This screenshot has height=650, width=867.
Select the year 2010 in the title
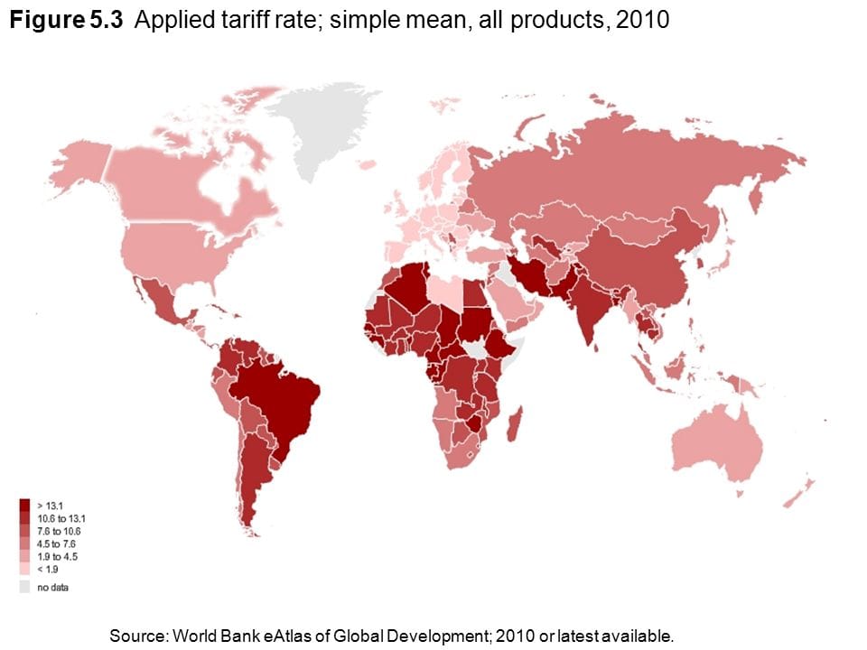[641, 20]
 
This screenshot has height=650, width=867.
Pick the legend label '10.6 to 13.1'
[61, 518]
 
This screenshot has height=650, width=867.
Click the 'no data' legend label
[52, 588]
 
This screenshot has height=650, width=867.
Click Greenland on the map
[325, 135]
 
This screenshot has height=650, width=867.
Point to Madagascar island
[513, 424]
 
